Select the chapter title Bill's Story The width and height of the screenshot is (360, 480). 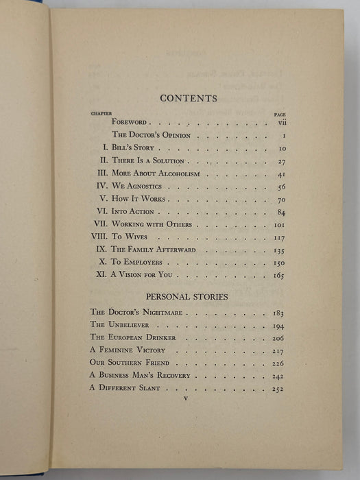coord(137,148)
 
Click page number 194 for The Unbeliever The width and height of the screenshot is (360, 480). coord(278,326)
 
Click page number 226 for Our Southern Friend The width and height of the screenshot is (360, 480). coord(278,363)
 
